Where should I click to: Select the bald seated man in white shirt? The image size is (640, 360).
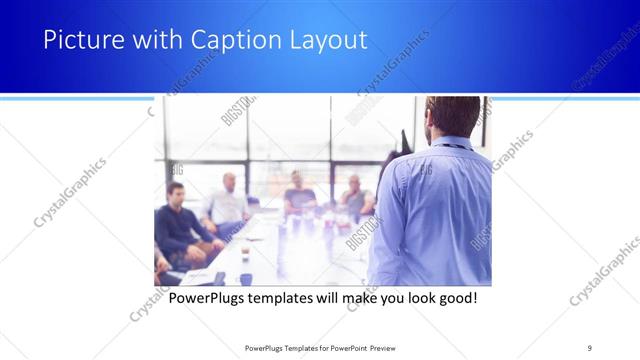[227, 200]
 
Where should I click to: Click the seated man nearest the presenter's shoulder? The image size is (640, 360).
[354, 197]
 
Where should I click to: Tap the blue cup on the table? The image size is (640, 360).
[245, 279]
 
